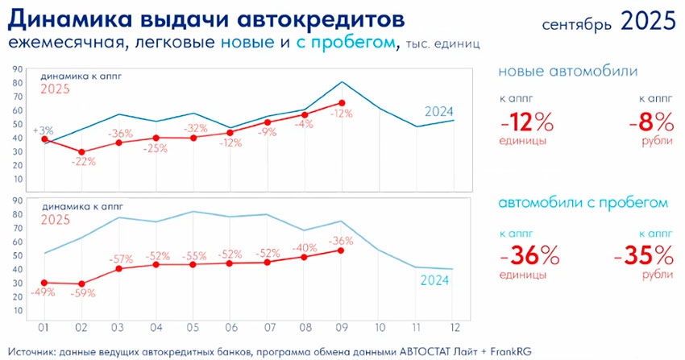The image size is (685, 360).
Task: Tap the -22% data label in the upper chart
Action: tap(84, 162)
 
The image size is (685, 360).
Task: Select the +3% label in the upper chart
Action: tap(42, 130)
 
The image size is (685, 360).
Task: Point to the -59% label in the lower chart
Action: tap(84, 294)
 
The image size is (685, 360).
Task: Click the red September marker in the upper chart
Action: tap(342, 103)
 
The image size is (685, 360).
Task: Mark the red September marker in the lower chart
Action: tap(342, 250)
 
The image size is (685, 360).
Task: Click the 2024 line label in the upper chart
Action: tap(439, 112)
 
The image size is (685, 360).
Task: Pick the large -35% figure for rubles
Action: tap(643, 256)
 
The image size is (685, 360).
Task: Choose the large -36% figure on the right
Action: tap(529, 256)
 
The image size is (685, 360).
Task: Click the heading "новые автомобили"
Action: tap(568, 72)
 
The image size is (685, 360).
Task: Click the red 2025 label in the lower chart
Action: tap(56, 218)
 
